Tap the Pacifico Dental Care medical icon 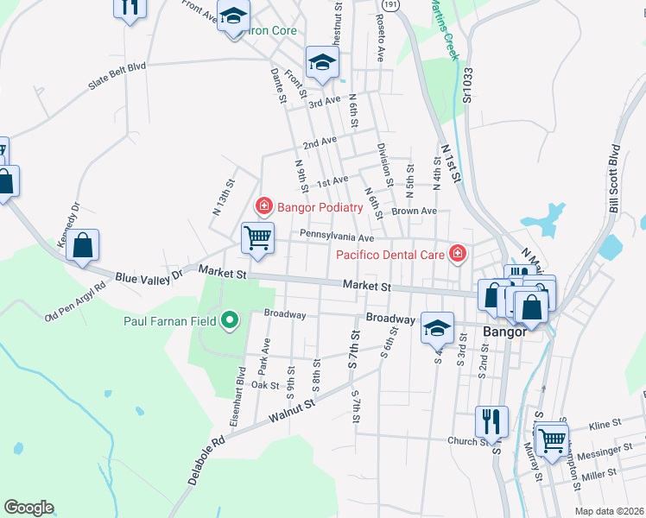(x=456, y=254)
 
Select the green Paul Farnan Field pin (x=229, y=322)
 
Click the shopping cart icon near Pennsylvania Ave (x=257, y=237)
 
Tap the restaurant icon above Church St (x=491, y=421)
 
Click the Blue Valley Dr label (x=149, y=275)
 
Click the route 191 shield (x=391, y=4)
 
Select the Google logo (x=28, y=508)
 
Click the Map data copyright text (x=609, y=511)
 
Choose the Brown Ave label (x=414, y=211)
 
